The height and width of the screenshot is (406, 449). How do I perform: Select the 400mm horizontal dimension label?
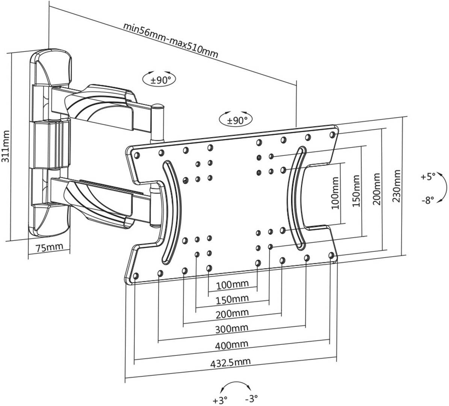[231, 344]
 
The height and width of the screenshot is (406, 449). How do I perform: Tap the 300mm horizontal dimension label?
[231, 328]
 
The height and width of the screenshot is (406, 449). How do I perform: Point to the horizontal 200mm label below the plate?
[232, 313]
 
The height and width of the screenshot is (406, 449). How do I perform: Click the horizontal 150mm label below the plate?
[232, 299]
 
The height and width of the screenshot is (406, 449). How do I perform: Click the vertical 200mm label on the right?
[377, 189]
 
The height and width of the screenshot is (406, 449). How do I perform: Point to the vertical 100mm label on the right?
[335, 193]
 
